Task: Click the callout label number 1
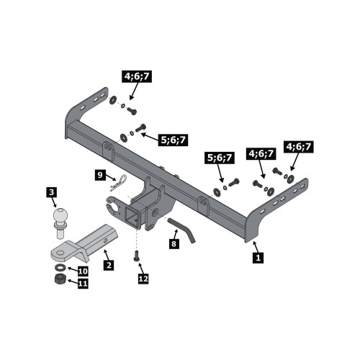[258, 258]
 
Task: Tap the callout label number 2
[109, 266]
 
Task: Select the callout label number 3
[51, 192]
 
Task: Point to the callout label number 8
[174, 243]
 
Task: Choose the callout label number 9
[100, 175]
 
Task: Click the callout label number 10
[83, 271]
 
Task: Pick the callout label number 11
[83, 284]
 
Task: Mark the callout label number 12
[143, 279]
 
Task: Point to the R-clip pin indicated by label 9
[119, 183]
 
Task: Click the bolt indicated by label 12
[137, 256]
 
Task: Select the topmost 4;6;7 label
[137, 76]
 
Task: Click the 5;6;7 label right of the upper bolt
[174, 140]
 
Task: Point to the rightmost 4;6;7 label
[299, 147]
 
